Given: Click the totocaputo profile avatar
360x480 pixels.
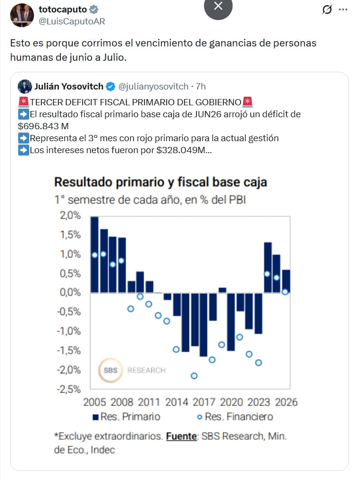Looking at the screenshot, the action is click(22, 15).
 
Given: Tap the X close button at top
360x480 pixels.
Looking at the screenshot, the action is click(218, 6).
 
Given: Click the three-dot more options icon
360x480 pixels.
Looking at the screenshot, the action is click(343, 10).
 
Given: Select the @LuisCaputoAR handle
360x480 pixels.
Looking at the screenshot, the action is click(72, 22).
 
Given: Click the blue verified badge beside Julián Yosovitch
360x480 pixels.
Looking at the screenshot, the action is click(110, 87).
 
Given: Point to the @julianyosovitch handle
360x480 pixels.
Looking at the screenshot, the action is click(153, 87).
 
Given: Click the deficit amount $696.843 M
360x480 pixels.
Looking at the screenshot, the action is click(43, 126).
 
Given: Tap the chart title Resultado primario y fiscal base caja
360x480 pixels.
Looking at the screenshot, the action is click(161, 182).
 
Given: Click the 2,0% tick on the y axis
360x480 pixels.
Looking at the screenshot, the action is click(70, 215).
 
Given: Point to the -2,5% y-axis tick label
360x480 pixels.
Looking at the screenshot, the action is click(68, 390).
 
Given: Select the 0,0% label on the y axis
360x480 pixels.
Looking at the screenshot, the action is click(70, 292).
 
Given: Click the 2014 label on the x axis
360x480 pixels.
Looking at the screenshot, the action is click(177, 402).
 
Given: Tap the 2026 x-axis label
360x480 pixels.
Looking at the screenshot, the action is click(286, 402).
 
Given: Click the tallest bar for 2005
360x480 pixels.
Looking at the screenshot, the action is click(95, 255).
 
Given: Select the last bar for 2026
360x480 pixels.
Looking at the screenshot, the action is click(286, 281).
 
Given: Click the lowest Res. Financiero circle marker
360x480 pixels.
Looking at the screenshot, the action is click(194, 376).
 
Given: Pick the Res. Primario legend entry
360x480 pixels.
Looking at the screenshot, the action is click(126, 417).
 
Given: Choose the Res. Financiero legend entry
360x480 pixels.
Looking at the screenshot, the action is click(235, 417).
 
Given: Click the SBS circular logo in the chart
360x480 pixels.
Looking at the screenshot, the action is click(110, 370).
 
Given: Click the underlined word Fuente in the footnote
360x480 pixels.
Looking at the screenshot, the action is click(181, 436).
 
